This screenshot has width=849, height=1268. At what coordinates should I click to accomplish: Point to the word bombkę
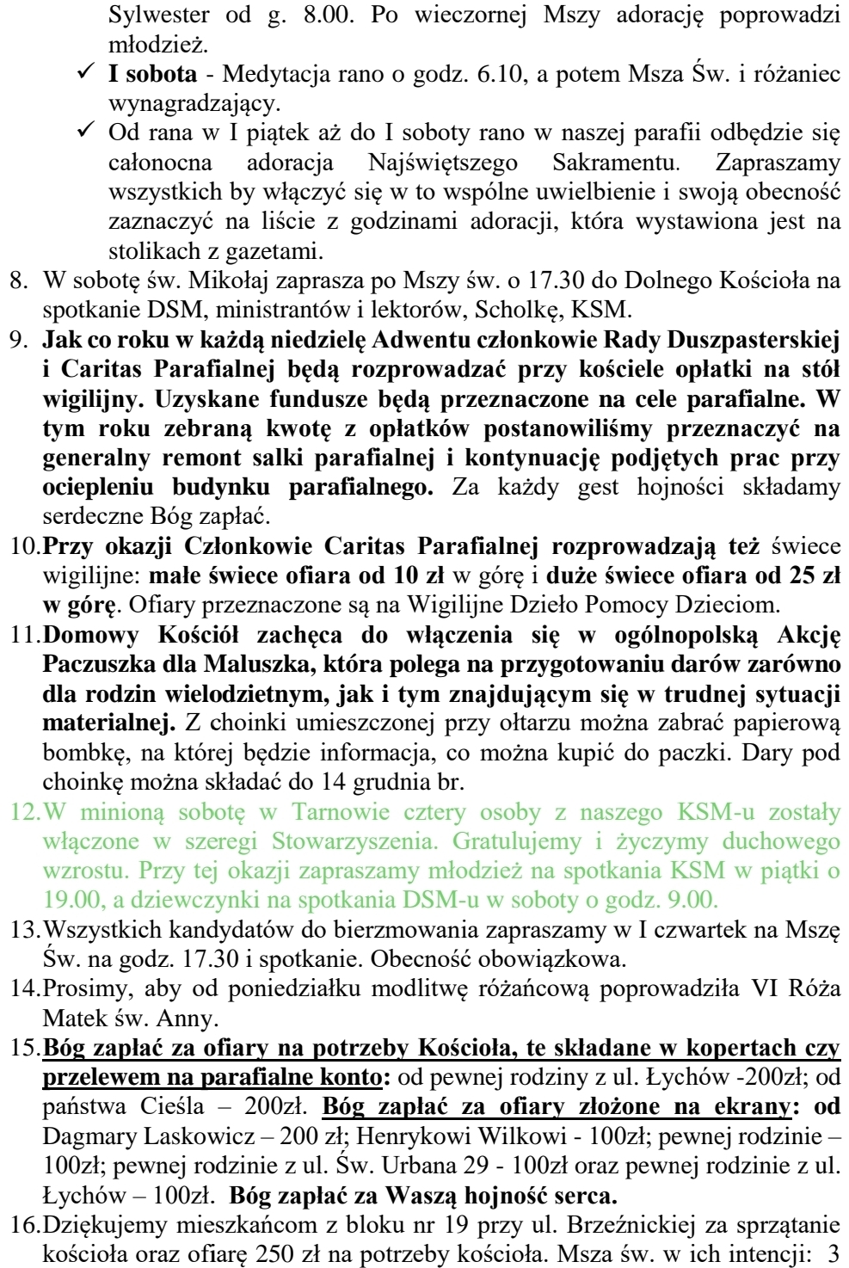[x=78, y=753]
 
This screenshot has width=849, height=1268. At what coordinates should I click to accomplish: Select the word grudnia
[x=379, y=783]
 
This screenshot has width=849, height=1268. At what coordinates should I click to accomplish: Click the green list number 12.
[x=23, y=811]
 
